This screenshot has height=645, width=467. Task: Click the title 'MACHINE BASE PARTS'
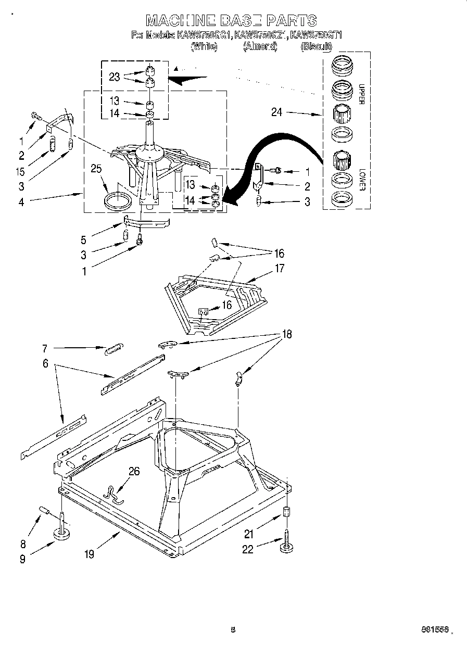pyautogui.click(x=231, y=20)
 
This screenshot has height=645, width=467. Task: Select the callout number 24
pyautogui.click(x=276, y=112)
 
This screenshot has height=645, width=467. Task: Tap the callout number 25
pyautogui.click(x=96, y=169)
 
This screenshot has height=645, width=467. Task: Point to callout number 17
pyautogui.click(x=280, y=269)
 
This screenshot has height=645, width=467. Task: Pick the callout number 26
pyautogui.click(x=134, y=471)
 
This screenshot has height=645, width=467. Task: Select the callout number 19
pyautogui.click(x=90, y=554)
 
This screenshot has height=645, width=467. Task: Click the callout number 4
pyautogui.click(x=21, y=203)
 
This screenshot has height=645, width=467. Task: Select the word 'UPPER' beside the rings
pyautogui.click(x=360, y=94)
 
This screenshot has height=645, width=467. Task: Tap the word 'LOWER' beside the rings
pyautogui.click(x=360, y=179)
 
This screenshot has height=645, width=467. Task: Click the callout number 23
pyautogui.click(x=115, y=77)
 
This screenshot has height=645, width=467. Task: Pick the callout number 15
pyautogui.click(x=21, y=170)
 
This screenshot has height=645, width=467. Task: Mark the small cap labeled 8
pyautogui.click(x=44, y=511)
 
